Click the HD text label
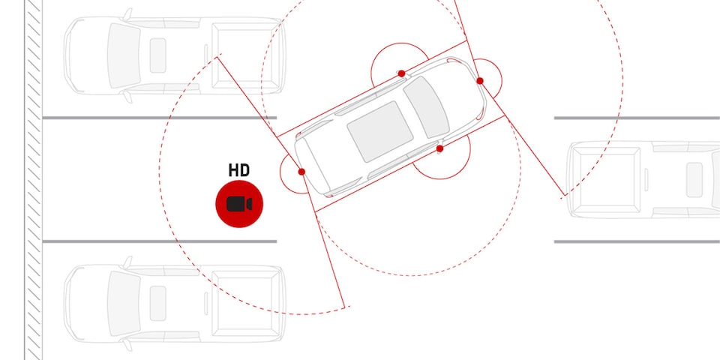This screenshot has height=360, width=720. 239,170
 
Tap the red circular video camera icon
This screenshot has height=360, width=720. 239,204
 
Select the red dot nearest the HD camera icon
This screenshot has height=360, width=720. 301,172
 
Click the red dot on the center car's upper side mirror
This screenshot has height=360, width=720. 401,73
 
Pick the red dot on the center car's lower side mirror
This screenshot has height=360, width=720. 440,148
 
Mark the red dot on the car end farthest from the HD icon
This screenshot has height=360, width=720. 480,81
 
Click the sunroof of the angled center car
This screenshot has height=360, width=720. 379,131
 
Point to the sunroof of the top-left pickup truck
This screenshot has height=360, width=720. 158,55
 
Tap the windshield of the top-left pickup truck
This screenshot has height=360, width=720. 123,55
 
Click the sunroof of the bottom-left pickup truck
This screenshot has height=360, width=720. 158,304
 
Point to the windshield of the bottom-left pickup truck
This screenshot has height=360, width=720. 123,304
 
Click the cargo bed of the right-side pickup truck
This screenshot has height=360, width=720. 606,179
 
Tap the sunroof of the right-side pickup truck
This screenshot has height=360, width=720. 694,179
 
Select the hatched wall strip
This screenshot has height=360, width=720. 34,180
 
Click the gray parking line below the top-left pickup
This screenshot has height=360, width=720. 159,118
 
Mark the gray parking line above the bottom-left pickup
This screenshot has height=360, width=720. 159,241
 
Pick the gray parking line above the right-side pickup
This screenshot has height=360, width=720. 637,118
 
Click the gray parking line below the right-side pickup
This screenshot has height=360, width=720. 637,241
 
